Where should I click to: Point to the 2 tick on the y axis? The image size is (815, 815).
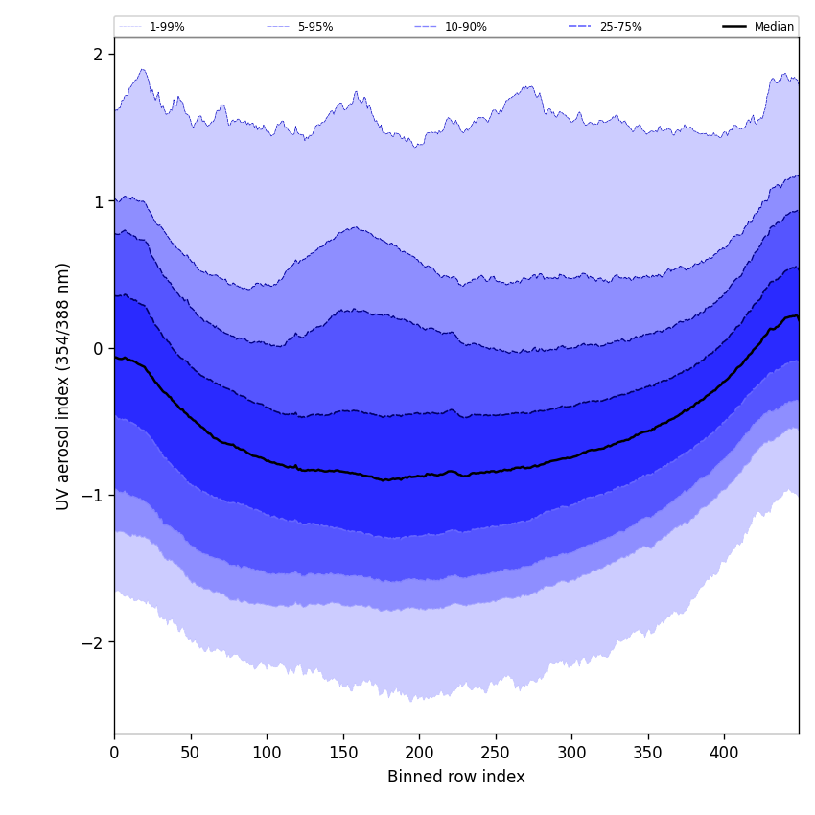[98, 55]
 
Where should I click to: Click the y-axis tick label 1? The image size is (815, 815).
[98, 201]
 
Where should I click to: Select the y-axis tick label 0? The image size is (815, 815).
[98, 348]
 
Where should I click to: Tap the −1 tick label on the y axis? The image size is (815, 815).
[93, 496]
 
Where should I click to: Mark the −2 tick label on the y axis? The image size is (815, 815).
[93, 642]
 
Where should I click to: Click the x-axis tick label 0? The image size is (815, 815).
[114, 752]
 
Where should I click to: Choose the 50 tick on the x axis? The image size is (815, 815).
[190, 752]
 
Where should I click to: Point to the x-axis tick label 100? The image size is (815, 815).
[267, 752]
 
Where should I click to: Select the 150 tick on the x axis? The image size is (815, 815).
[342, 752]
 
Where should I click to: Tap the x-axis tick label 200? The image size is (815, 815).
[419, 752]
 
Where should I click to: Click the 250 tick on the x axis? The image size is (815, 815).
[496, 752]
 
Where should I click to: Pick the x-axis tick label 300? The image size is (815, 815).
[571, 752]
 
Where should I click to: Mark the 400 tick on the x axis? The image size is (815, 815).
[724, 752]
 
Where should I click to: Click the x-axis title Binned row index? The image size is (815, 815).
[456, 777]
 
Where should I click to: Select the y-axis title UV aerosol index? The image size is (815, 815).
[63, 385]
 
